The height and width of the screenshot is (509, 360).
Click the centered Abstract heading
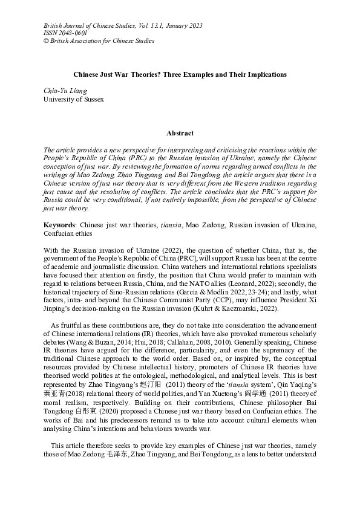coord(180,133)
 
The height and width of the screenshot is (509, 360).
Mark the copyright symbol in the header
coord(47,41)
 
